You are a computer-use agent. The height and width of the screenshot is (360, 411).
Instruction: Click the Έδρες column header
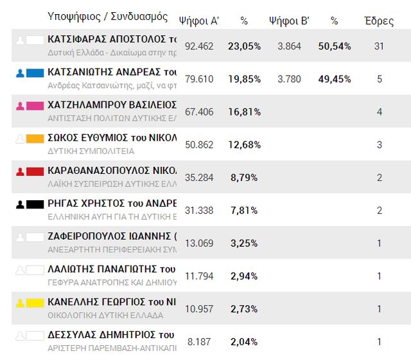[378, 21]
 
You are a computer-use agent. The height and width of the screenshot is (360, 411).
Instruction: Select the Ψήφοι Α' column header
[199, 21]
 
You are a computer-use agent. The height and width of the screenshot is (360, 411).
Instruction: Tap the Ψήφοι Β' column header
[289, 21]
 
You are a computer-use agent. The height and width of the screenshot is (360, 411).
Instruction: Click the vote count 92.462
[199, 46]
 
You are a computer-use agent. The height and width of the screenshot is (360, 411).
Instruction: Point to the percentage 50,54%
[334, 46]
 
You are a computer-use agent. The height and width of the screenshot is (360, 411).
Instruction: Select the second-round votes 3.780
[289, 79]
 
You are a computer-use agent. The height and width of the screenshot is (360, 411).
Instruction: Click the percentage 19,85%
[244, 79]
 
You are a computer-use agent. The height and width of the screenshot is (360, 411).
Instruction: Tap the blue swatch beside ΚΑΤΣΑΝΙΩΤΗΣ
[35, 73]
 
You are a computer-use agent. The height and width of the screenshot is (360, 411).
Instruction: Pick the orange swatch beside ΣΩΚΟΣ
[35, 139]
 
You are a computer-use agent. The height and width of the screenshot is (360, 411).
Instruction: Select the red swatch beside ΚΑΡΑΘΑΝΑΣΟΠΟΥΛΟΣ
[35, 171]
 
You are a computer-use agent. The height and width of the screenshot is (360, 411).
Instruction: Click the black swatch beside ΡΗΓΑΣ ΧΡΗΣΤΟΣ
[35, 205]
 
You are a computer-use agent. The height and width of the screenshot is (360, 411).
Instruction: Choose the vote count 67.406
[199, 112]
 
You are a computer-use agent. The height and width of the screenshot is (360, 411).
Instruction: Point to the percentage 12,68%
[244, 145]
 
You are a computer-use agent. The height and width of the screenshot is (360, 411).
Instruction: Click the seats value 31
[379, 46]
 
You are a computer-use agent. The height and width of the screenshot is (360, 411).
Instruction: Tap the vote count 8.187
[199, 342]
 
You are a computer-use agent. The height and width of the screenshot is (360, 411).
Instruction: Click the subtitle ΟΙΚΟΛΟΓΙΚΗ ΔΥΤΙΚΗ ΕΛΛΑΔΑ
[105, 315]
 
